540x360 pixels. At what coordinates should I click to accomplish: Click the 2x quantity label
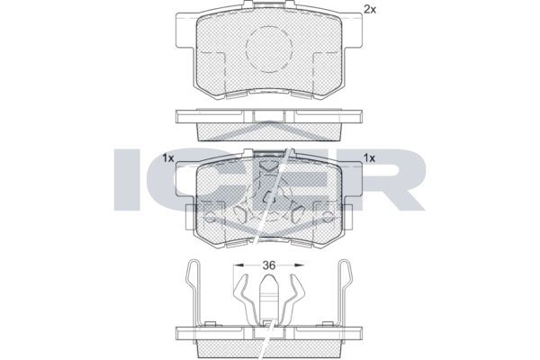pyautogui.click(x=370, y=10)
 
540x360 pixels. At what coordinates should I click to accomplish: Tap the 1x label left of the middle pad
pyautogui.click(x=168, y=158)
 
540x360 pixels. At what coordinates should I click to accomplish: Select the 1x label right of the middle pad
pyautogui.click(x=369, y=158)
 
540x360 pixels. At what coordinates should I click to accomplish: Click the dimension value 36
pyautogui.click(x=269, y=265)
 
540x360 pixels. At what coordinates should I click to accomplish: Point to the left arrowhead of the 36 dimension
pyautogui.click(x=238, y=265)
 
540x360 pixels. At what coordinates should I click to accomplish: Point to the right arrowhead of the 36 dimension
pyautogui.click(x=299, y=265)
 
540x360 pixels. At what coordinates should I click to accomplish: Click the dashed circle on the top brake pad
pyautogui.click(x=269, y=49)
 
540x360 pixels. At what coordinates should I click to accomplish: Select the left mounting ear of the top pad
pyautogui.click(x=185, y=31)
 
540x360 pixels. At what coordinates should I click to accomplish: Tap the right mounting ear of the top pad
pyautogui.click(x=352, y=31)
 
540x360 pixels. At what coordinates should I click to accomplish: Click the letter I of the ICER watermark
pyautogui.click(x=127, y=179)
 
